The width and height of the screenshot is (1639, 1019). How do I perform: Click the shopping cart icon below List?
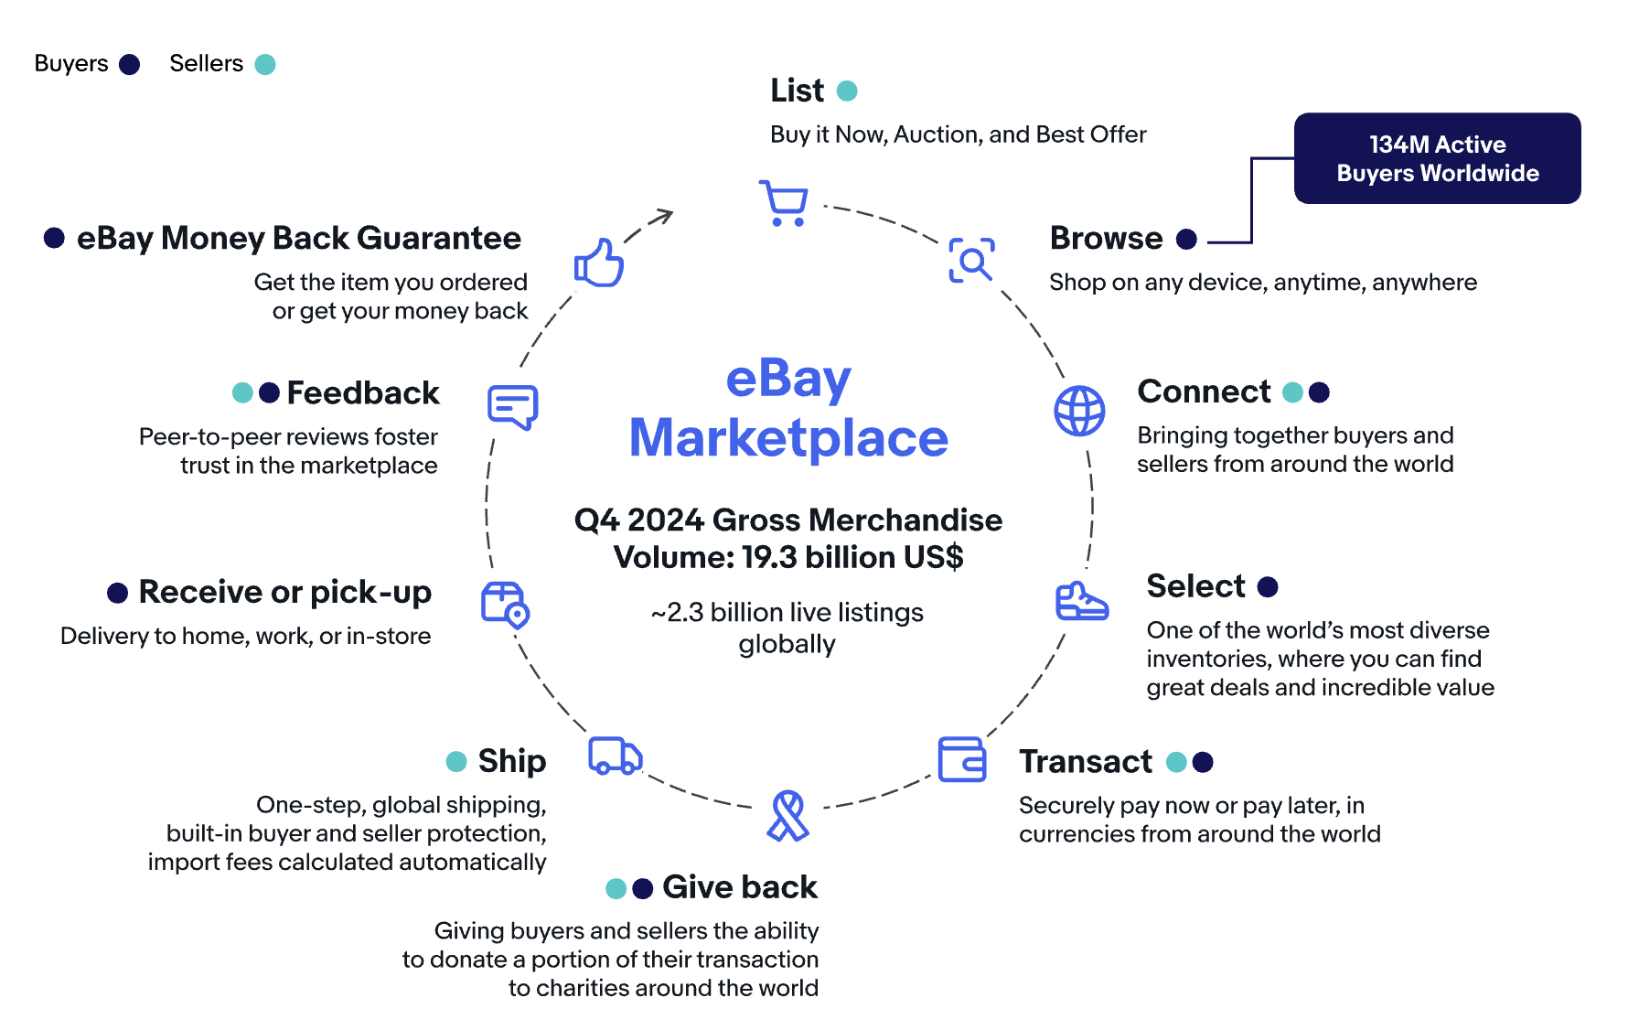[784, 203]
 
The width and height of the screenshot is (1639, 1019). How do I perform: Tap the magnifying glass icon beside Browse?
[971, 261]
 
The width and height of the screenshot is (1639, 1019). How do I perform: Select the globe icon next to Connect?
[1079, 411]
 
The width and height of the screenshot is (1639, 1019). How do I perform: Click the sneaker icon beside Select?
[1081, 602]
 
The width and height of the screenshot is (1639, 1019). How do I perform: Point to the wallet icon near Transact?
[962, 759]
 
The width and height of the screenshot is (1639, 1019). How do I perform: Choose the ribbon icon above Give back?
[787, 816]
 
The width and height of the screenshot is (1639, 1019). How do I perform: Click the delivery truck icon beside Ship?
[615, 756]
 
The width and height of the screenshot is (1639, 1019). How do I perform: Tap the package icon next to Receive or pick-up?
[505, 605]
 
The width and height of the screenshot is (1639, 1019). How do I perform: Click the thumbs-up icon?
[599, 263]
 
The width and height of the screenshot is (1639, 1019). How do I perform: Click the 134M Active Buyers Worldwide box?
[1437, 158]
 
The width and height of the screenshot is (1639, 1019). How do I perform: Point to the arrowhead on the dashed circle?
[665, 216]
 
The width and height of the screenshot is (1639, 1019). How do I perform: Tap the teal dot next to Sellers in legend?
[265, 64]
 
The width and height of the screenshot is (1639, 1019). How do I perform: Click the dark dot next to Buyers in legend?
[130, 64]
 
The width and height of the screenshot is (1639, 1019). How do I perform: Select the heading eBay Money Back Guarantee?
[298, 239]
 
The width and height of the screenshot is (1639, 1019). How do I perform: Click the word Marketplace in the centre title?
[788, 438]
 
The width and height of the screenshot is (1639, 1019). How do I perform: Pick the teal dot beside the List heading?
[847, 91]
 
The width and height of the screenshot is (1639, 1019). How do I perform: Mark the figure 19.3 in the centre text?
[769, 557]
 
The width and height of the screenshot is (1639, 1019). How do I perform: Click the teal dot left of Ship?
[455, 761]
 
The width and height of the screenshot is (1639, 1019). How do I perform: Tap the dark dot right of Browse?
[1186, 239]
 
